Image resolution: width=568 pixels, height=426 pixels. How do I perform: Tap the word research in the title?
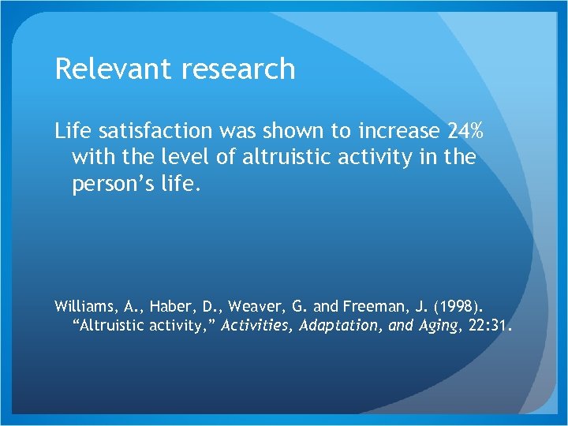(236, 69)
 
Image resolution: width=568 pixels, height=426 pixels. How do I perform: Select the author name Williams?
(83, 305)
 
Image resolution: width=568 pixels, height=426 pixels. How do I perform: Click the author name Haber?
(163, 305)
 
